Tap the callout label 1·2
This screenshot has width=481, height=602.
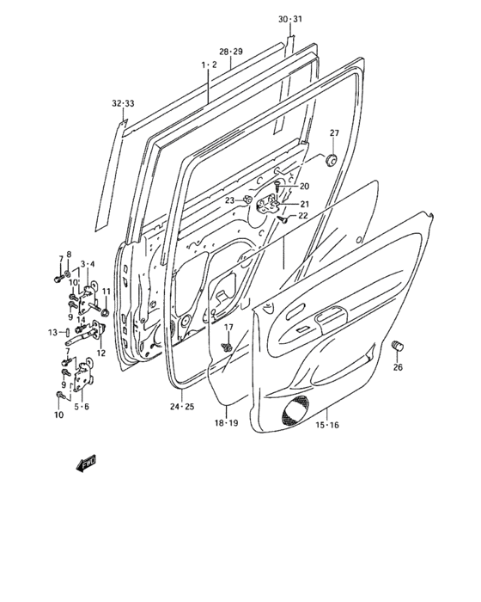click(x=209, y=64)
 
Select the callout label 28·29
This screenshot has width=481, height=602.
click(x=230, y=52)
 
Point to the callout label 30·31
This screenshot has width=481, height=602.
click(x=290, y=19)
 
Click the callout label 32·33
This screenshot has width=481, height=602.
click(x=124, y=103)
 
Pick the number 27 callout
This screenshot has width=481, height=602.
click(x=334, y=132)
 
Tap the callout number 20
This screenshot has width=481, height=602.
click(x=303, y=187)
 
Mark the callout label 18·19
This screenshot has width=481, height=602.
click(x=226, y=423)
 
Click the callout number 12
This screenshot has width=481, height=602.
click(x=100, y=353)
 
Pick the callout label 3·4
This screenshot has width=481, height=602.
click(x=88, y=264)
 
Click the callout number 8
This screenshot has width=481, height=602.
click(x=70, y=255)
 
